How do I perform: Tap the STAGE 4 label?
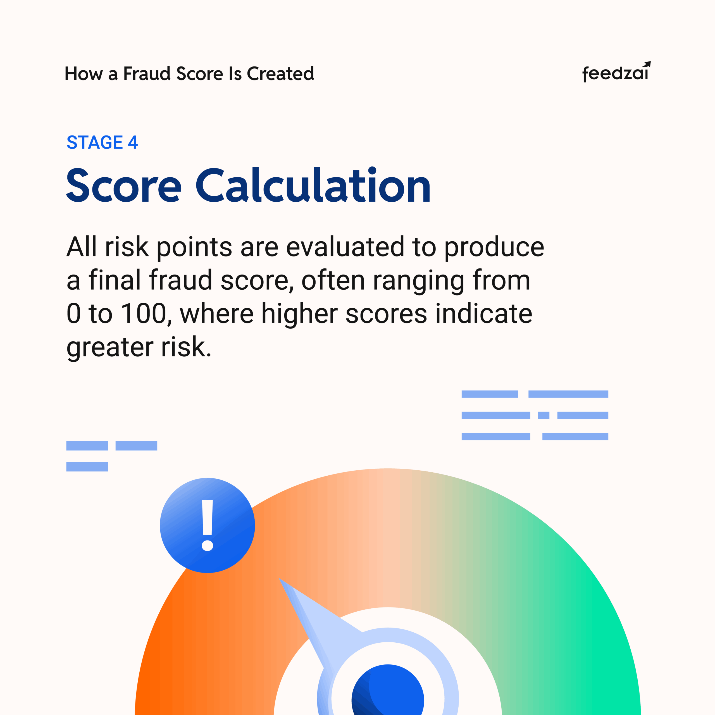[102, 142]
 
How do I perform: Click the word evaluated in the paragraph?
[345, 247]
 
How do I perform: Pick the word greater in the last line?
[110, 348]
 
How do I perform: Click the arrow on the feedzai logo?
[647, 65]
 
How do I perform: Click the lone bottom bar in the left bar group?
[87, 467]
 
